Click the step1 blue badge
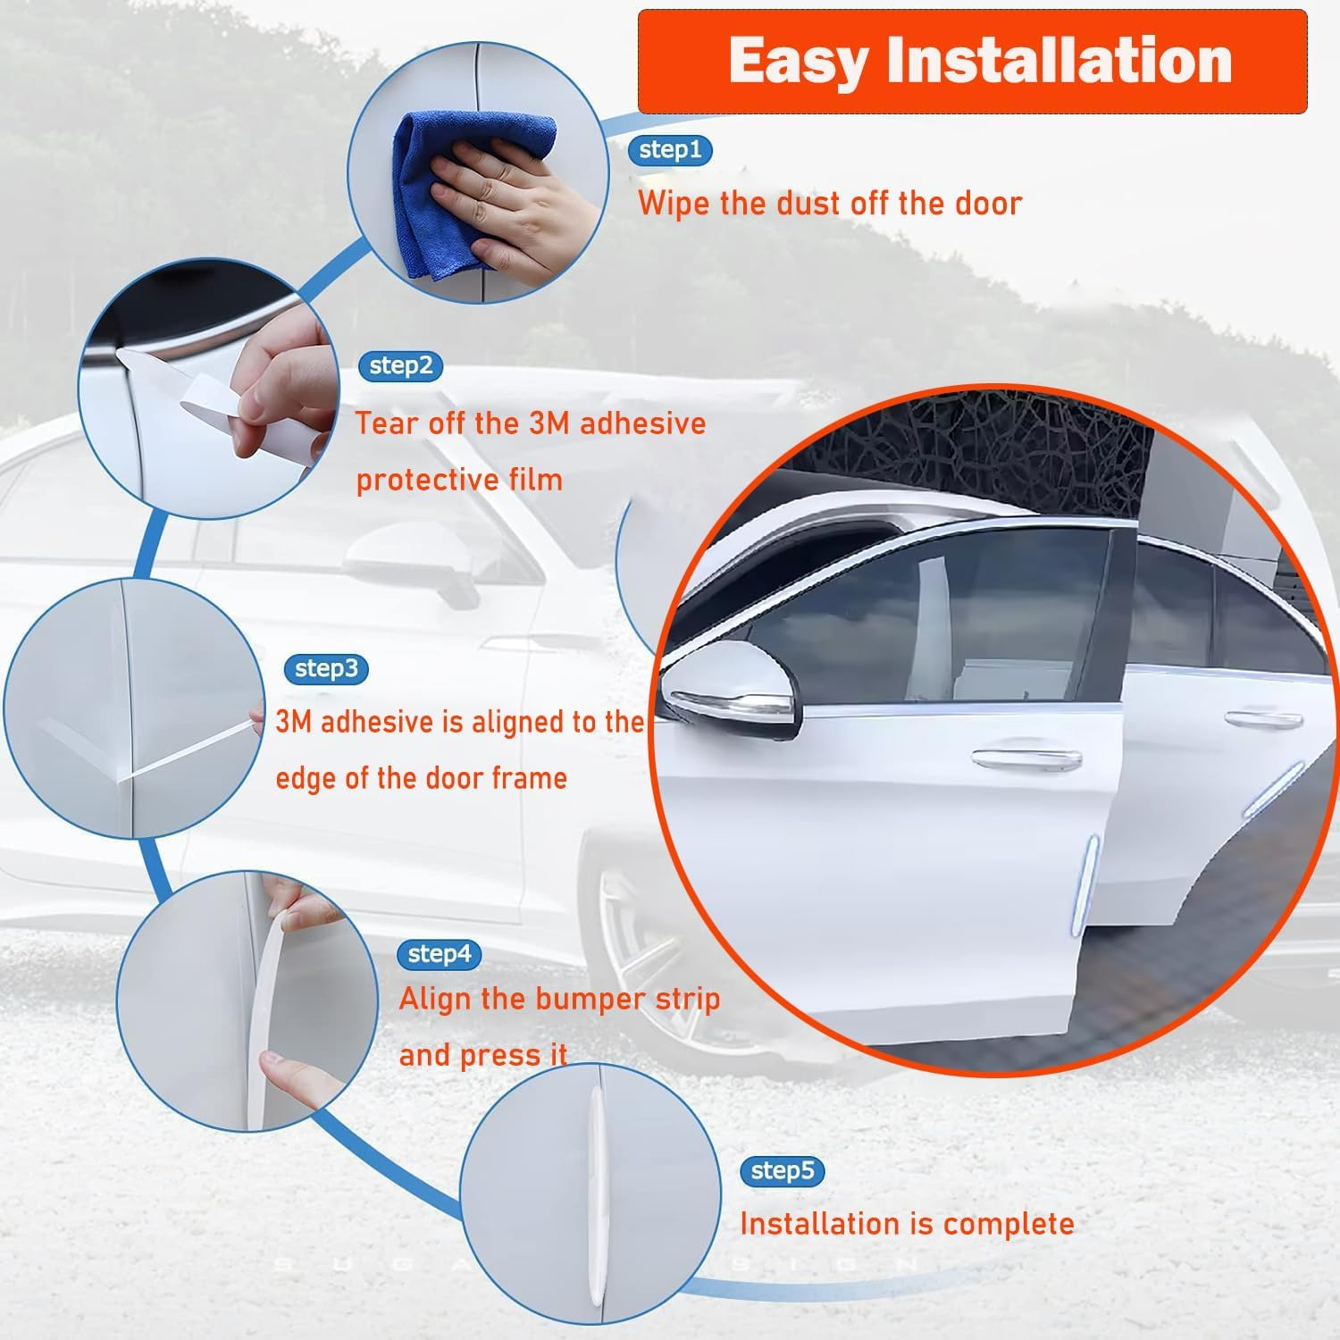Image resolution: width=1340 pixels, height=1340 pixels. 670,149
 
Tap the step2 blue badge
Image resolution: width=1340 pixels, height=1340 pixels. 400,365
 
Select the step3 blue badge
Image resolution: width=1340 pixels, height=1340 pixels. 326,668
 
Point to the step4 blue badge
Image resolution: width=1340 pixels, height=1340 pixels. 439,954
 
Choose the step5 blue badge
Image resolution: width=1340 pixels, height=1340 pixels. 783,1170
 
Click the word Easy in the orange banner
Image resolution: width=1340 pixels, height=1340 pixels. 797,61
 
